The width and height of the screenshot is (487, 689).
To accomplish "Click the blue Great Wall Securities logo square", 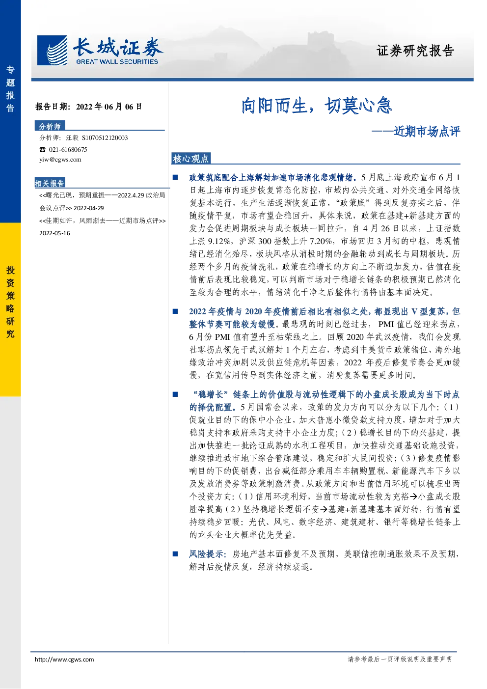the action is pyautogui.click(x=52, y=51).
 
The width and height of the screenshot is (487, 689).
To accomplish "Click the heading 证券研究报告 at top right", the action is pyautogui.click(x=415, y=51).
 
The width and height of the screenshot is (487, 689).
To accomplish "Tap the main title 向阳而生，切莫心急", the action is pyautogui.click(x=316, y=106).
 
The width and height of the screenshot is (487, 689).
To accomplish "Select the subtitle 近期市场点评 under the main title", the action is pyautogui.click(x=427, y=132).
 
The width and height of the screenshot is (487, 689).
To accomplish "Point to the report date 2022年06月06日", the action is pyautogui.click(x=109, y=107).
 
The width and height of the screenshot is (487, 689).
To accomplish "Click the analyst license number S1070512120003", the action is pyautogui.click(x=105, y=138).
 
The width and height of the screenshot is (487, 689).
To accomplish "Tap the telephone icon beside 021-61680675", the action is pyautogui.click(x=42, y=149).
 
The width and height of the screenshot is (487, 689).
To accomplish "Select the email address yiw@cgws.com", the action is pyautogui.click(x=60, y=160).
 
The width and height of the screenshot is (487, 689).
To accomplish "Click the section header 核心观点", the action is pyautogui.click(x=190, y=159).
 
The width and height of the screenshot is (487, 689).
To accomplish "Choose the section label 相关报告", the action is pyautogui.click(x=50, y=183).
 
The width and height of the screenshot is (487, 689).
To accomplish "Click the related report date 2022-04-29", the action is pyautogui.click(x=88, y=208).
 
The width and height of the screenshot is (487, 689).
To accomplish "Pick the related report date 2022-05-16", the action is pyautogui.click(x=54, y=233).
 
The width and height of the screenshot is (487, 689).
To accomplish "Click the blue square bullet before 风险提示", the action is pyautogui.click(x=175, y=554).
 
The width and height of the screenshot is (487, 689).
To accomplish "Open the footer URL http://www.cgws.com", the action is pyautogui.click(x=64, y=660).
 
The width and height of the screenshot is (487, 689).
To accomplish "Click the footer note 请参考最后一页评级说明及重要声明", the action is pyautogui.click(x=400, y=659).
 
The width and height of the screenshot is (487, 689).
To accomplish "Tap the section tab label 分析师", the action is pyautogui.click(x=50, y=126).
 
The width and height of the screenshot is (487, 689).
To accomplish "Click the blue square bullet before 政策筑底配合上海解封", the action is pyautogui.click(x=175, y=177).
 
